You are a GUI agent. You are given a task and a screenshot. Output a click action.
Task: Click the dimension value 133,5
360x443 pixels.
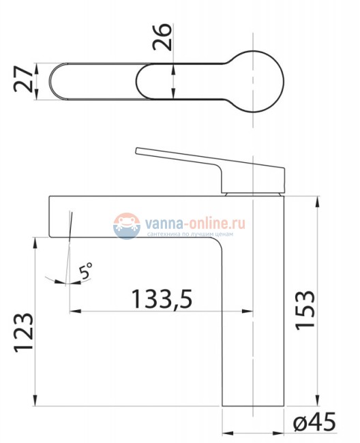pos(162,299)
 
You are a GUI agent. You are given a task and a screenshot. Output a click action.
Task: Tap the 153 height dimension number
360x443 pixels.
pos(305,310)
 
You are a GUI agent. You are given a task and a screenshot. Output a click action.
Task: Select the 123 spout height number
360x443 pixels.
pos(24,333)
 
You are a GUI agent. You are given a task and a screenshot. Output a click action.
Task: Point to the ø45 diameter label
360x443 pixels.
pos(314,422)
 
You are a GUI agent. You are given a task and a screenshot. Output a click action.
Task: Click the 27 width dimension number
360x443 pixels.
pos(23,79)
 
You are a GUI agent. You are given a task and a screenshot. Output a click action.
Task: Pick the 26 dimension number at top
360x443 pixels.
pos(162,37)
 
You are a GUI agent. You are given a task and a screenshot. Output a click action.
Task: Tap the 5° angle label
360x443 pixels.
pos(86,271)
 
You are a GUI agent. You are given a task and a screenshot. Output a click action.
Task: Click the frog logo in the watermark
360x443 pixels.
pos(127,226)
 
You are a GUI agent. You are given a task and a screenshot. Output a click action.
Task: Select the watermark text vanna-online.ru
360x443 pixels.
pos(195,224)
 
